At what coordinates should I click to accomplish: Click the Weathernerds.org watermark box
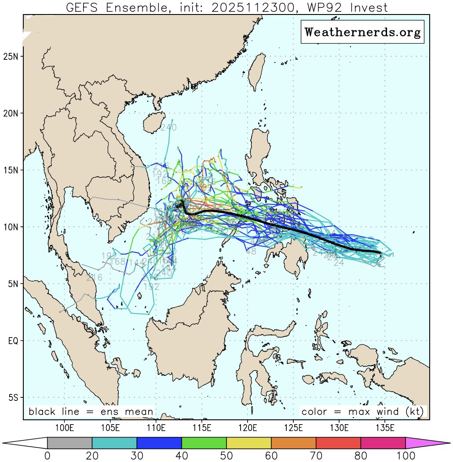pyautogui.click(x=362, y=32)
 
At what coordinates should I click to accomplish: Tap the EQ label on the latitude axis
pyautogui.click(x=13, y=341)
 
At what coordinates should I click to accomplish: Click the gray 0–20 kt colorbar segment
pyautogui.click(x=69, y=443)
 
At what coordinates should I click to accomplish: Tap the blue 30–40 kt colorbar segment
pyautogui.click(x=159, y=443)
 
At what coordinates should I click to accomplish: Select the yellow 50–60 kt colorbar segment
pyautogui.click(x=249, y=443)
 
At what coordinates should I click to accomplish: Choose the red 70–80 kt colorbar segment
pyautogui.click(x=338, y=443)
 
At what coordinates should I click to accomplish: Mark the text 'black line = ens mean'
pyautogui.click(x=91, y=412)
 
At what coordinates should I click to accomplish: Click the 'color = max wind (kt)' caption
pyautogui.click(x=362, y=412)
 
